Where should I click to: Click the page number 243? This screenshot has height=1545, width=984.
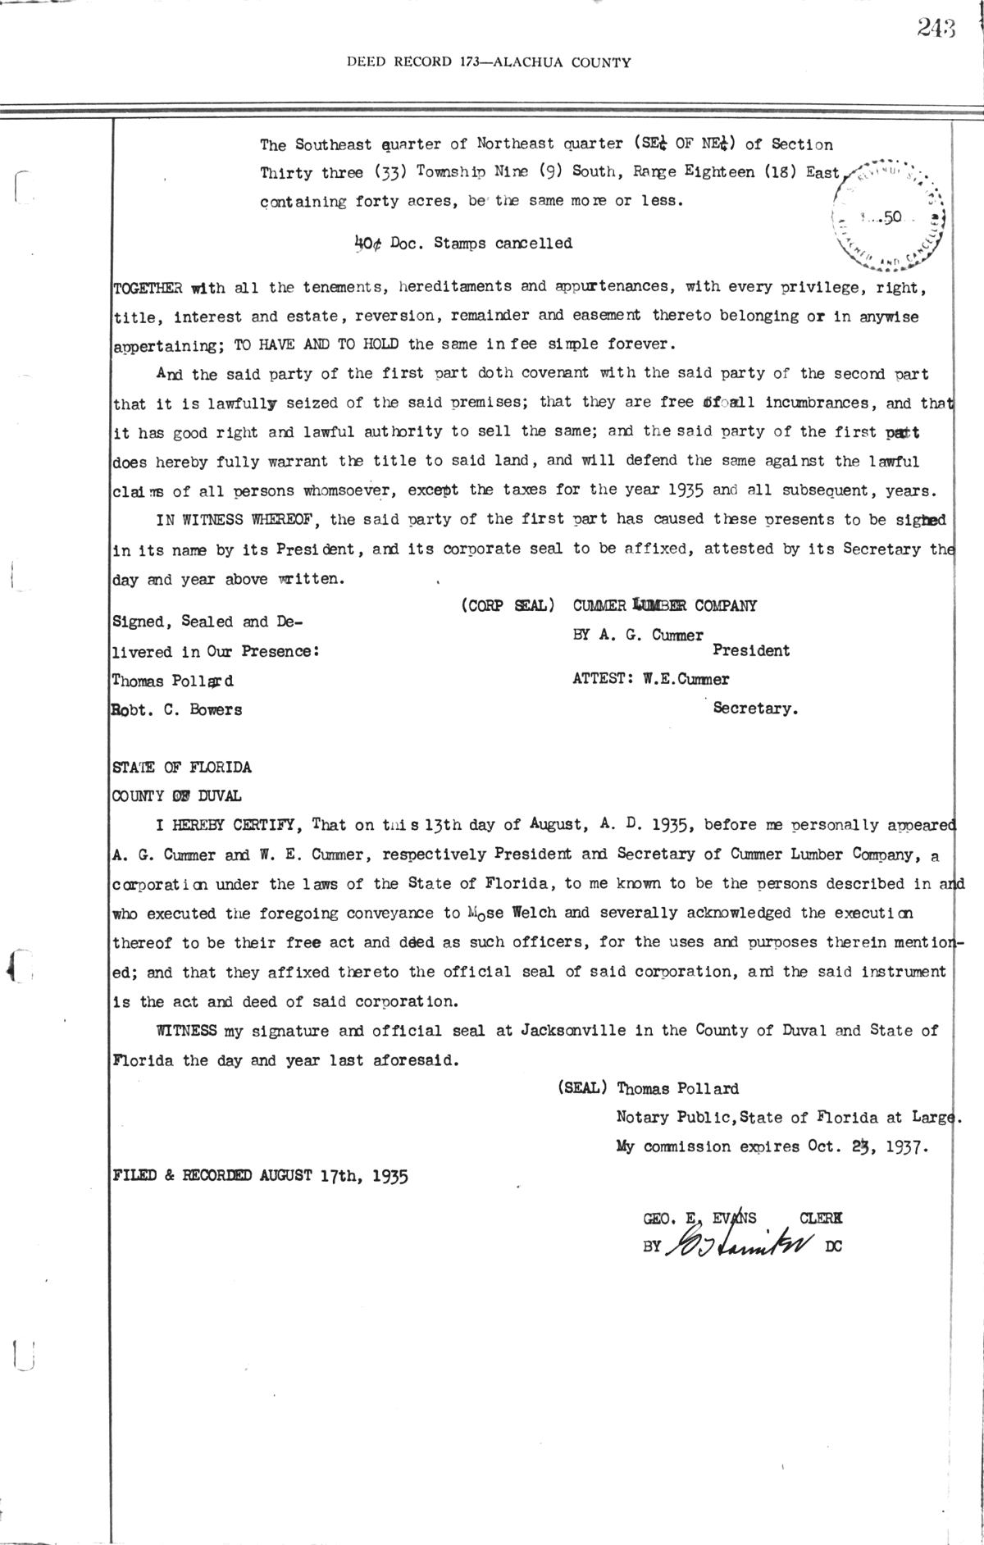[937, 28]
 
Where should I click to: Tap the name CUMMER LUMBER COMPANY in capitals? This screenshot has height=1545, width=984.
[664, 605]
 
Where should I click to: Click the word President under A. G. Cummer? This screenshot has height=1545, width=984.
[751, 650]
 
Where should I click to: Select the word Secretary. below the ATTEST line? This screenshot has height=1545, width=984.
[755, 709]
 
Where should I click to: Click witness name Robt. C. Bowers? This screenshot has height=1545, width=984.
[177, 710]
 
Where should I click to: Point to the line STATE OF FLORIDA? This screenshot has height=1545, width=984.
[181, 768]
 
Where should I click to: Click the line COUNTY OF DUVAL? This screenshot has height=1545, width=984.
[176, 796]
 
